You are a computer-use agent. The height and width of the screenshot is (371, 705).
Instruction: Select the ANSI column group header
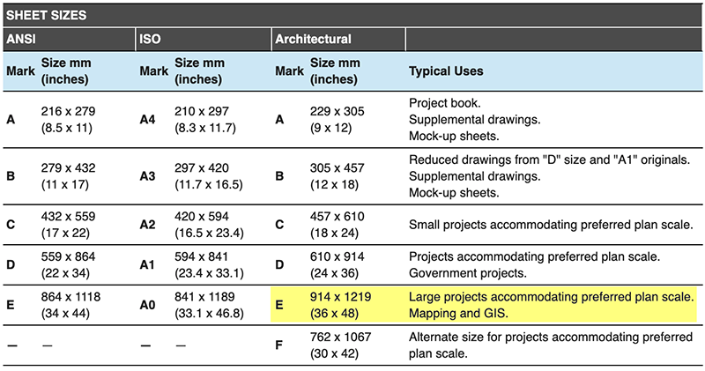(x=23, y=39)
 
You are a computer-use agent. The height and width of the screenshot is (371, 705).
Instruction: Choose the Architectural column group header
(x=313, y=39)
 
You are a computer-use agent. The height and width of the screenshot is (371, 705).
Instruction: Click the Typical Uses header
(x=446, y=70)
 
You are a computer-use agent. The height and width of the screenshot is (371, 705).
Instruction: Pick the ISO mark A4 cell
(x=149, y=119)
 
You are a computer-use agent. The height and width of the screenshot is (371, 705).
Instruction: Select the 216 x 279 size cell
(x=68, y=119)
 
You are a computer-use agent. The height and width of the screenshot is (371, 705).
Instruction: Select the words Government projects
(x=466, y=272)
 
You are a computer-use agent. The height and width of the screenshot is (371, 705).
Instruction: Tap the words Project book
(x=445, y=103)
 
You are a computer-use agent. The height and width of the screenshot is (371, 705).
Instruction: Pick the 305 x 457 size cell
(x=339, y=175)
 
